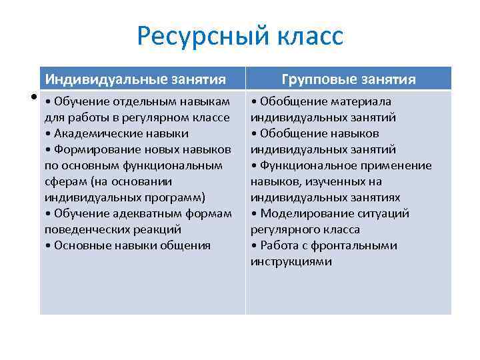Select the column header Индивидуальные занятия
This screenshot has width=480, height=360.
pyautogui.click(x=135, y=80)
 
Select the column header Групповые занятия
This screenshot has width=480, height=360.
pyautogui.click(x=349, y=80)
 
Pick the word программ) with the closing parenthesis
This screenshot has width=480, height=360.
pyautogui.click(x=175, y=197)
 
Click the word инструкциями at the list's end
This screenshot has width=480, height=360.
pyautogui.click(x=291, y=261)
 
